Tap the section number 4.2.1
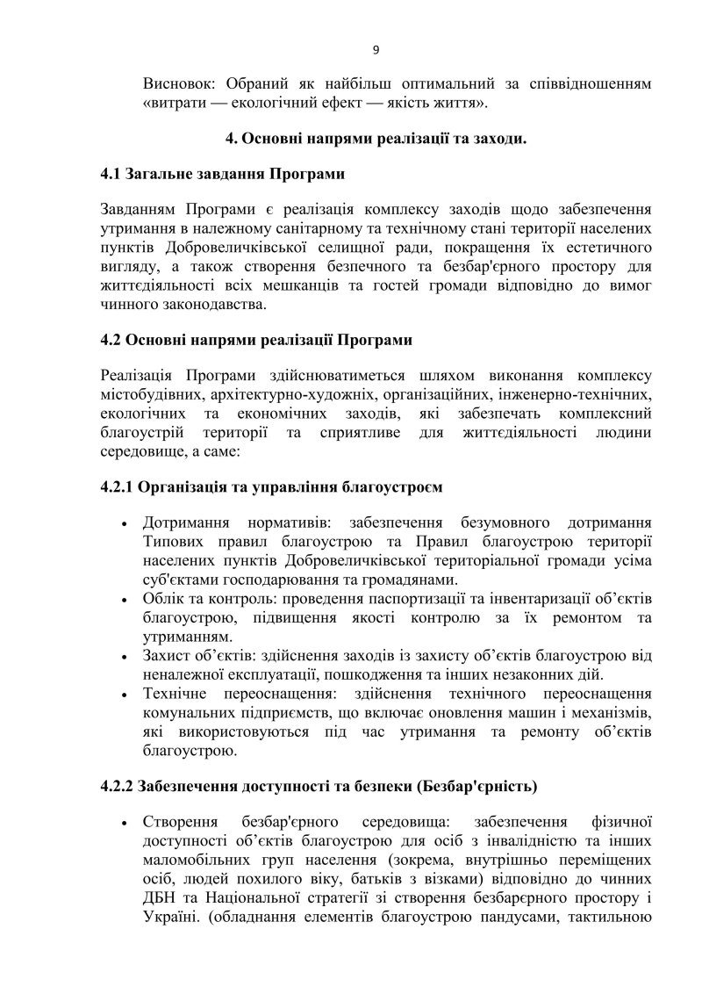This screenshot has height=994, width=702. point(122,485)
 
